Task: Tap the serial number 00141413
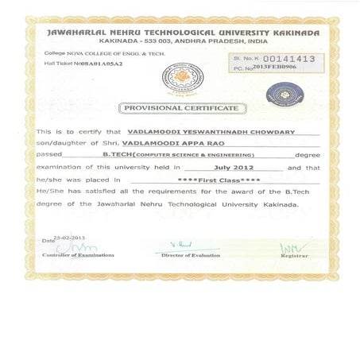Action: pyautogui.click(x=288, y=59)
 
